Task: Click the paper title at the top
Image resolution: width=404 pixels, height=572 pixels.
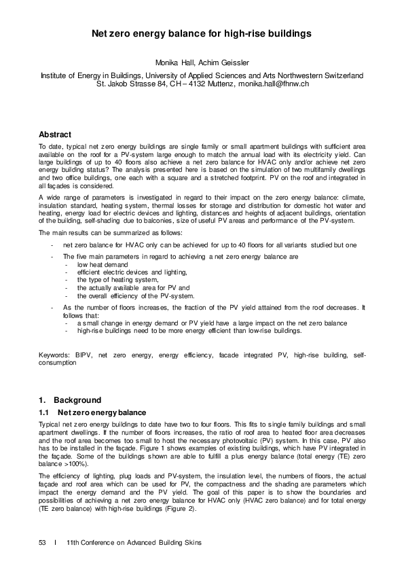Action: tap(202, 32)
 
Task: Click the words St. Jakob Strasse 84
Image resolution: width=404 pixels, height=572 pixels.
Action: tap(136, 84)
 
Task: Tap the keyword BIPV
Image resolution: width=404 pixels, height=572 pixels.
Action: tap(87, 355)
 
